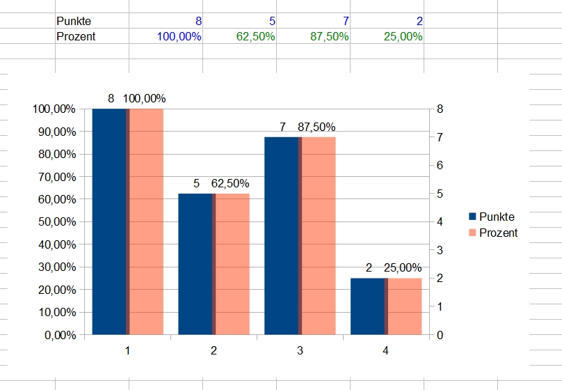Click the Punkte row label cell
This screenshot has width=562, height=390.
pos(74,22)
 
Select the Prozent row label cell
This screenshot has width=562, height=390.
pos(76,36)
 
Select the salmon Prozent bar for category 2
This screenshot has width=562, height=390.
pos(232,264)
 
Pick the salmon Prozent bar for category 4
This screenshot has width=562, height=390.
pos(405,306)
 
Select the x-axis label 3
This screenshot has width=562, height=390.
pos(300,351)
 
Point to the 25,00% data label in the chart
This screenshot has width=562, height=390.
pos(402,267)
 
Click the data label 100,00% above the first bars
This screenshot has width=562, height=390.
pos(145,99)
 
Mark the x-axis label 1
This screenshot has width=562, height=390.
pos(127,351)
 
